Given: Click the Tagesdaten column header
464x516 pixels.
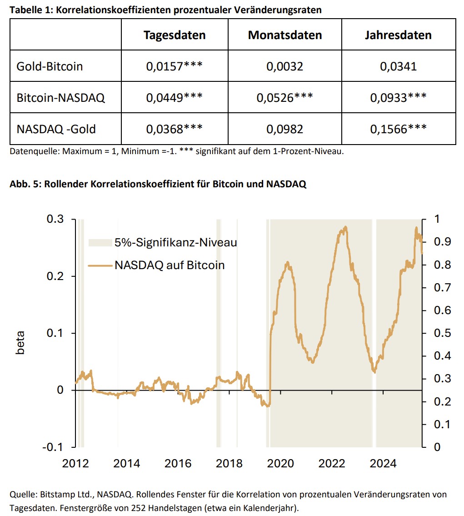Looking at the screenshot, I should point(175,35).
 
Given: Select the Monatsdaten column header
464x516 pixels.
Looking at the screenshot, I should point(285,35).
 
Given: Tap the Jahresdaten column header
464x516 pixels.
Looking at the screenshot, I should point(398,35).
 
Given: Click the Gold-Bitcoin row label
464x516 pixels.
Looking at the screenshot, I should point(50,66).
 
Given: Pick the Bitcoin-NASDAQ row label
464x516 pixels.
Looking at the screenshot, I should point(60,98).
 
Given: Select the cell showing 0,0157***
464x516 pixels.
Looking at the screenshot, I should point(175,66).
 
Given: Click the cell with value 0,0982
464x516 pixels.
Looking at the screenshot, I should point(285,129).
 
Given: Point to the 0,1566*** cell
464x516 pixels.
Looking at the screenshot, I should point(398,129).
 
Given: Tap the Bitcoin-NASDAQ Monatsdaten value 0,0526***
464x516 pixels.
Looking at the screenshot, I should point(285,98).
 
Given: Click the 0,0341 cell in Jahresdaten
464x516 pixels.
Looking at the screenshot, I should point(398,66).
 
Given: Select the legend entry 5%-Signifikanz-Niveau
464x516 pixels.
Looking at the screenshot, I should point(175,242).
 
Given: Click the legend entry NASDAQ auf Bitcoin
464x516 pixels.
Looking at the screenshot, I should point(170,265).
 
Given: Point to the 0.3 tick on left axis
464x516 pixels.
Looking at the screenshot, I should point(55,220).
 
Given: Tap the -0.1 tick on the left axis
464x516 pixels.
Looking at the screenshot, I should point(53,447).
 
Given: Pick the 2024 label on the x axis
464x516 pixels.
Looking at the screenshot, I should point(383,464).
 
